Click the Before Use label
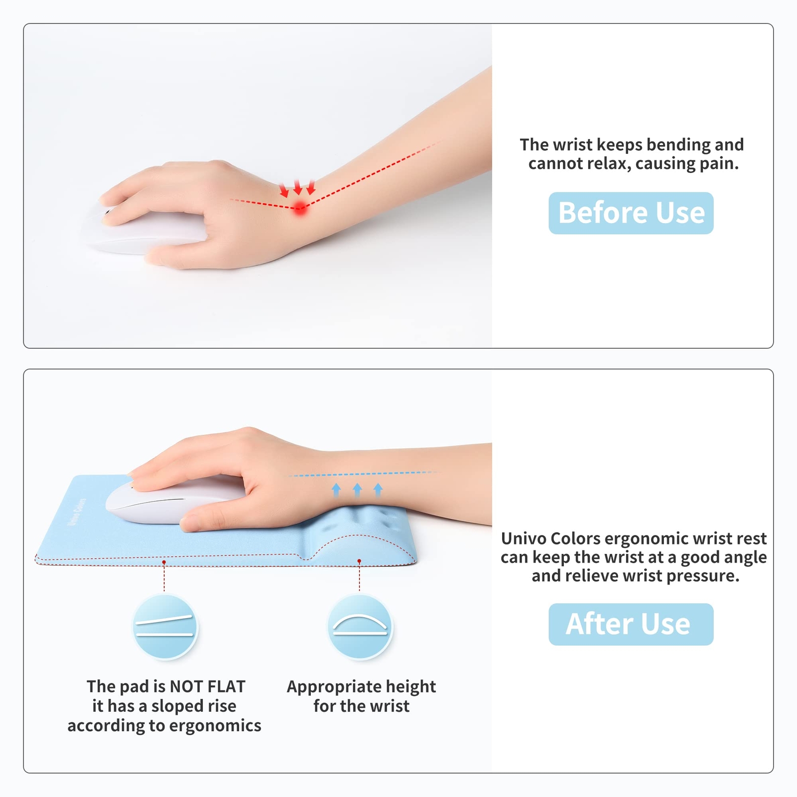point(631,213)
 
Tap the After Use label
point(631,624)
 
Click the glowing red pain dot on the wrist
point(300,208)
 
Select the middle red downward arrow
point(298,187)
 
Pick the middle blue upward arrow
point(357,490)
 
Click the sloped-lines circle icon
point(165,627)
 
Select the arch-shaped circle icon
point(360,627)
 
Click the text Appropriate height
point(361,687)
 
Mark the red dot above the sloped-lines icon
point(164,562)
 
